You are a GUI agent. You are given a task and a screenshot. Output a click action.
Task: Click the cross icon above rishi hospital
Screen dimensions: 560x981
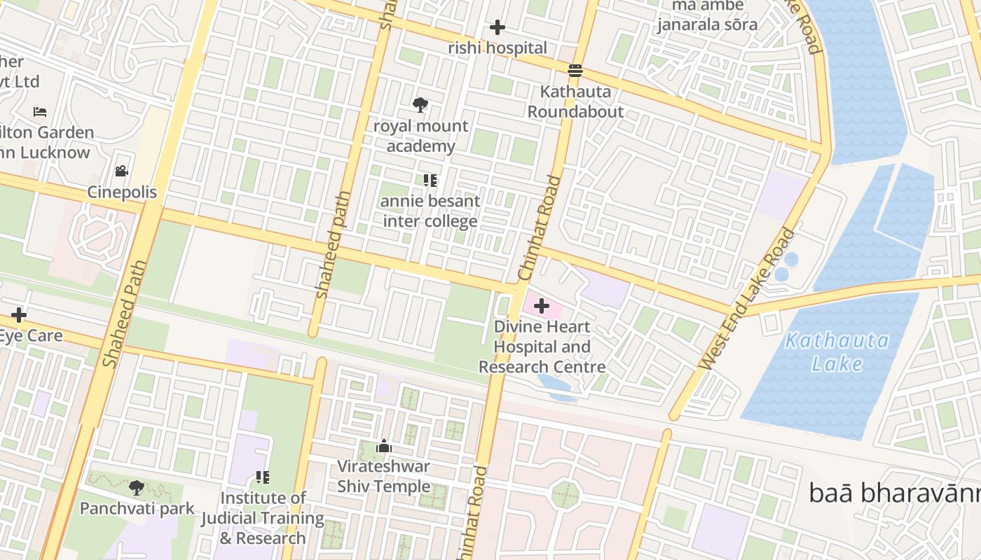(x=498, y=27)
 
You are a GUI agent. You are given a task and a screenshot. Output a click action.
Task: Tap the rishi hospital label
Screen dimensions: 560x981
(x=498, y=48)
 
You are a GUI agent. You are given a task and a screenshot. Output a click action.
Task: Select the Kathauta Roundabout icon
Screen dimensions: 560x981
(x=575, y=70)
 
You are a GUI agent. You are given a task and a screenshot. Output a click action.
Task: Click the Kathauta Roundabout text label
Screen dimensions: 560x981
(x=575, y=101)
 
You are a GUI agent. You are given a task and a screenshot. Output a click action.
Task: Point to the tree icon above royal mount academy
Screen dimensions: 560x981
(x=420, y=105)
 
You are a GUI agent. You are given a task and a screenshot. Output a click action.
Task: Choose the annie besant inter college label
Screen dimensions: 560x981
(x=430, y=211)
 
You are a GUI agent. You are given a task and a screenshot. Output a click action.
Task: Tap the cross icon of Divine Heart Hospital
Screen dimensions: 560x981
(x=542, y=306)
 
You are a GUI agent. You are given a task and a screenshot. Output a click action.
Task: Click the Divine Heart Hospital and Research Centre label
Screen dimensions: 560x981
(x=542, y=346)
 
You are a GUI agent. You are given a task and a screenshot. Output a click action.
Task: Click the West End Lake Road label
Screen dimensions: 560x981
(x=748, y=299)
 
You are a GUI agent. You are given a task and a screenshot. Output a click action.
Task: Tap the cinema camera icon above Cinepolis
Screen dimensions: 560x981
(x=122, y=171)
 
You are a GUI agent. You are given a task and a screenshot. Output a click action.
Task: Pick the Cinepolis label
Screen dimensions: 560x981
(x=122, y=192)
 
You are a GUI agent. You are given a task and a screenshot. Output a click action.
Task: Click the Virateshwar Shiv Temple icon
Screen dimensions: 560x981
(x=383, y=446)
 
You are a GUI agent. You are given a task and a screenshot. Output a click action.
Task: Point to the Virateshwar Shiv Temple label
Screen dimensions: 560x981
(x=383, y=476)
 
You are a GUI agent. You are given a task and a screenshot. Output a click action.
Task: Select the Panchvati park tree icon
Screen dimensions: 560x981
(x=137, y=487)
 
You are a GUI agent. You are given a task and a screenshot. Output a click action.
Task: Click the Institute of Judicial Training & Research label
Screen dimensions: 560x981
(x=263, y=518)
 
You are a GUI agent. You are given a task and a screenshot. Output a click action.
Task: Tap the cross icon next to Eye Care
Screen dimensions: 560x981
(x=19, y=315)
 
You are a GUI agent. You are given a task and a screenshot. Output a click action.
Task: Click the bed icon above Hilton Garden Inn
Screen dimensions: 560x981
(x=40, y=112)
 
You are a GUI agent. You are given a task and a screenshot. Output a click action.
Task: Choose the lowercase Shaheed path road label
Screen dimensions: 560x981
(x=333, y=245)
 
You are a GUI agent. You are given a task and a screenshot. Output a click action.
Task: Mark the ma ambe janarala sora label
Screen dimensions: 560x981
(x=707, y=15)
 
